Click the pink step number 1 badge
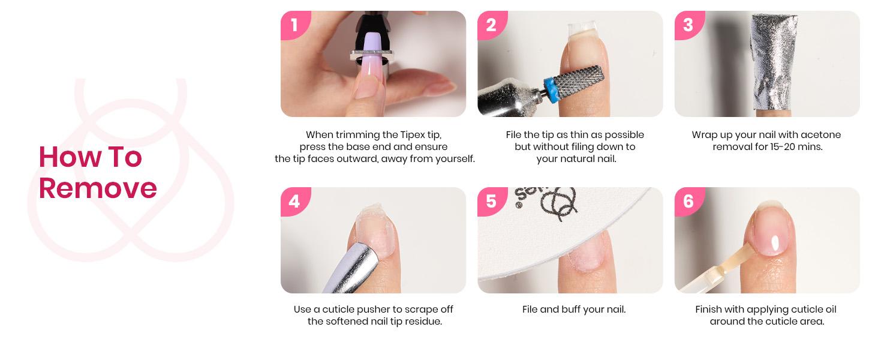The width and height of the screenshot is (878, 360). point(294,25)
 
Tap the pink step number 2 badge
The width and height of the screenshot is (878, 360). point(491,25)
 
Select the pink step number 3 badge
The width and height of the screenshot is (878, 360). point(688,25)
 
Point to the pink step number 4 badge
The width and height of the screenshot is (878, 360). point(294,201)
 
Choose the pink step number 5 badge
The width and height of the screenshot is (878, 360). point(491,201)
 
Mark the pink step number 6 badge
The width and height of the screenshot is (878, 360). point(688,201)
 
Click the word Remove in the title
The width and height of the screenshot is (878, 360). point(98,188)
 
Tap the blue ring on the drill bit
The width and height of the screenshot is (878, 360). point(547,89)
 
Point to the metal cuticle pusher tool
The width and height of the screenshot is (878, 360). point(348,264)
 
